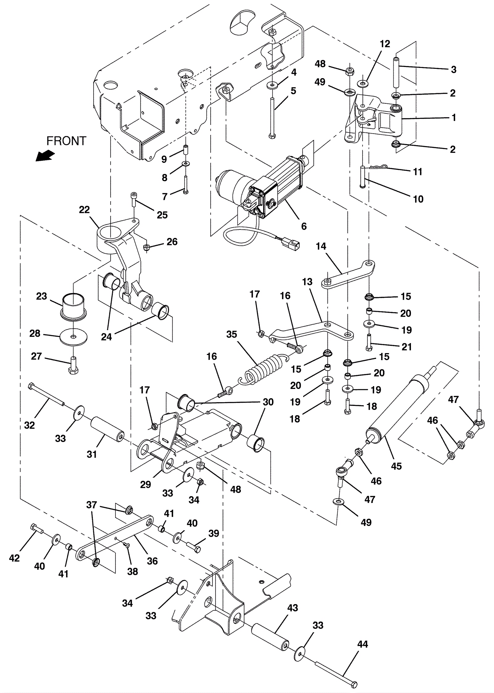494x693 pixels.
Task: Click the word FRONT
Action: coord(66,141)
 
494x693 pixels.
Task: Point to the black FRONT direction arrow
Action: coord(44,156)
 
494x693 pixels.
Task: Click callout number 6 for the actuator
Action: coord(304,226)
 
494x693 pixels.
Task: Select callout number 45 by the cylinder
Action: coord(396,466)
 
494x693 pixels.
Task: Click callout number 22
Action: coord(84,210)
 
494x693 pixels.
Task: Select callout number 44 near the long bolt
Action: coord(362,645)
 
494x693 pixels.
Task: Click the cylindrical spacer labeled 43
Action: coord(270,637)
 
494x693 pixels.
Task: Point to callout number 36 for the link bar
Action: coord(152,561)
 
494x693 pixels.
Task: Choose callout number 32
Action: coord(29,425)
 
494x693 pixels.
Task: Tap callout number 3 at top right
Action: coord(453,69)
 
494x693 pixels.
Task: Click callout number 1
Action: coord(454,118)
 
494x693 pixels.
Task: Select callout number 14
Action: coord(321,246)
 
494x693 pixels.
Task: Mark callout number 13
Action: coord(308,282)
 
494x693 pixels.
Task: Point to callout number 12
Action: coord(385,44)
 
